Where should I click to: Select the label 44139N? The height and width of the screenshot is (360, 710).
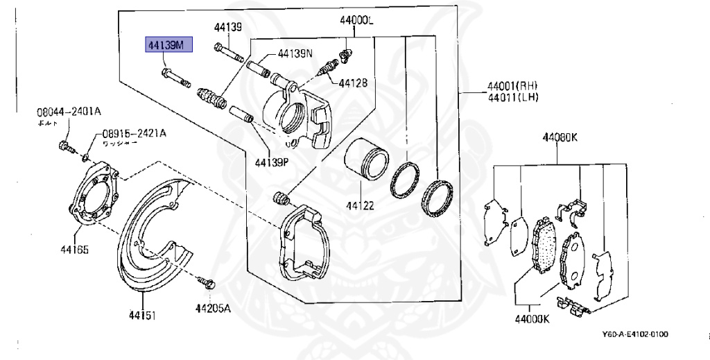(x=295, y=53)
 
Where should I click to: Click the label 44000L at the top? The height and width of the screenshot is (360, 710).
(x=356, y=21)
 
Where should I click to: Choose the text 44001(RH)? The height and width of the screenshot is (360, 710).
(x=512, y=86)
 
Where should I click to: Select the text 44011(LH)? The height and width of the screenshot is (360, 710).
(x=512, y=97)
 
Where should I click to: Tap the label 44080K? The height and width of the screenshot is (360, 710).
(x=560, y=137)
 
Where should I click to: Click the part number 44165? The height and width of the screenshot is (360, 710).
(x=73, y=249)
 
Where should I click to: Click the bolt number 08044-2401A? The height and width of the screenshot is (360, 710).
(x=69, y=111)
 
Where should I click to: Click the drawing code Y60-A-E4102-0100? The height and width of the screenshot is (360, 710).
(x=635, y=334)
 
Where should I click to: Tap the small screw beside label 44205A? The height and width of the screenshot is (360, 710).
(x=207, y=282)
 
